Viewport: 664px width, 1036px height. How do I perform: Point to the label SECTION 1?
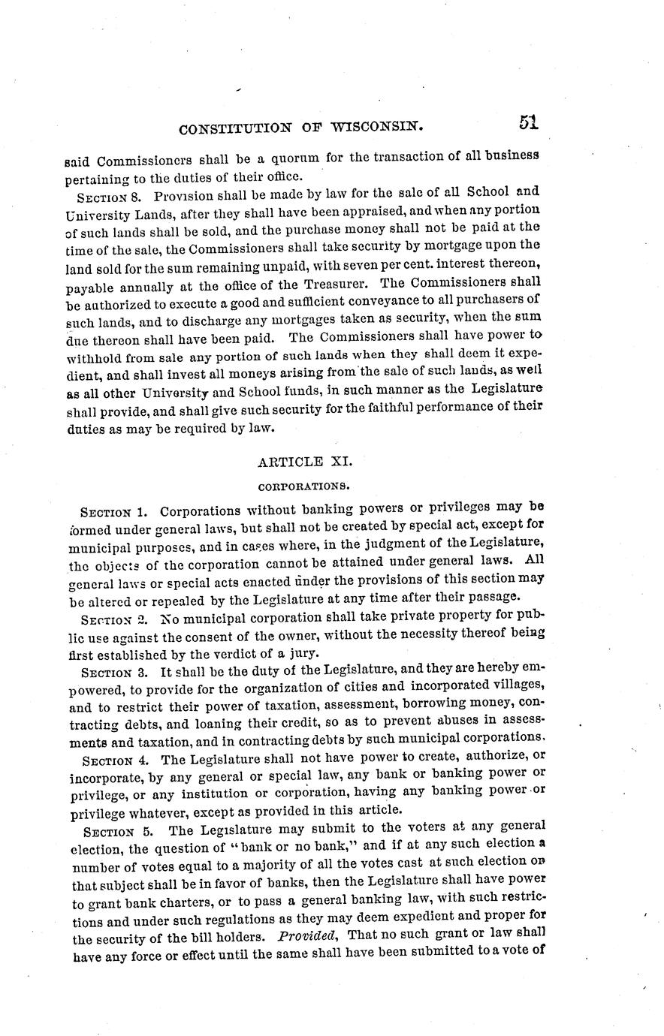click(x=112, y=513)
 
